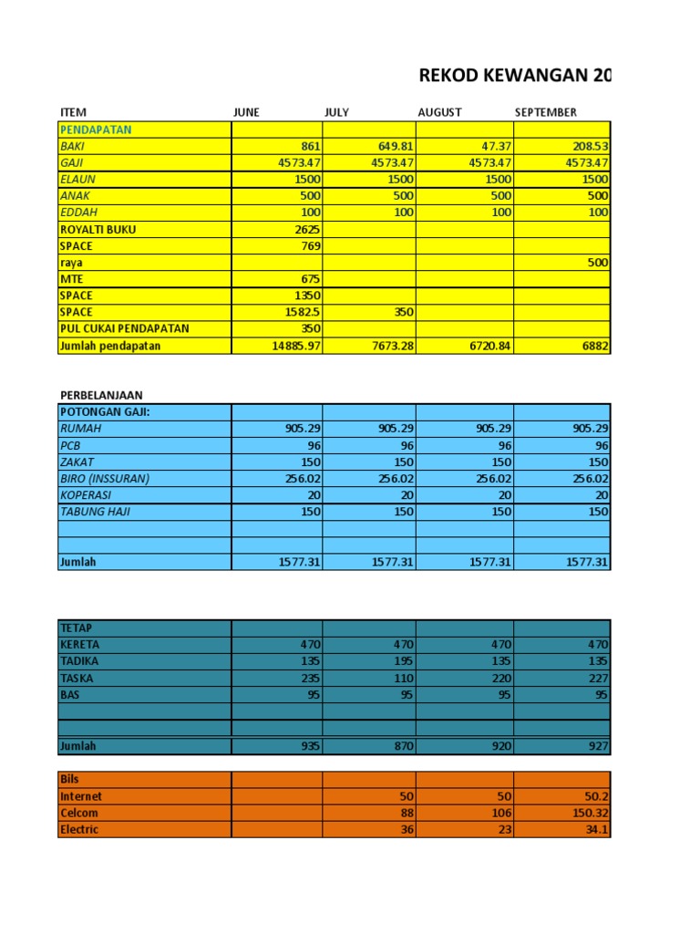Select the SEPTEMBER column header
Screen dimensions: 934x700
545,112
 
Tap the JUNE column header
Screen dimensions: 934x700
246,112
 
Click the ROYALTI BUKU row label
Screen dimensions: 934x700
98,230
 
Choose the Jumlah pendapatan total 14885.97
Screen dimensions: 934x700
291,346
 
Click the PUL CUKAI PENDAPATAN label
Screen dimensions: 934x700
125,328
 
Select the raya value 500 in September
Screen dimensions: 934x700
596,263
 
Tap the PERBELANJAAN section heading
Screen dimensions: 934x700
101,395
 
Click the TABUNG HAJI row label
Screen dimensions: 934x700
95,512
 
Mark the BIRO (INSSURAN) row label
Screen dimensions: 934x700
104,479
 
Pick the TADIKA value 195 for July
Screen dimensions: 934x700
402,661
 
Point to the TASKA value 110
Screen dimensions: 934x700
402,679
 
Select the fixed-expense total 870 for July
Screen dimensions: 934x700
402,746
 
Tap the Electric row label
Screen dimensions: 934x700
79,830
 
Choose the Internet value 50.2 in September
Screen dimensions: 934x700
593,796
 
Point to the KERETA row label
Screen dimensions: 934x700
79,645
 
